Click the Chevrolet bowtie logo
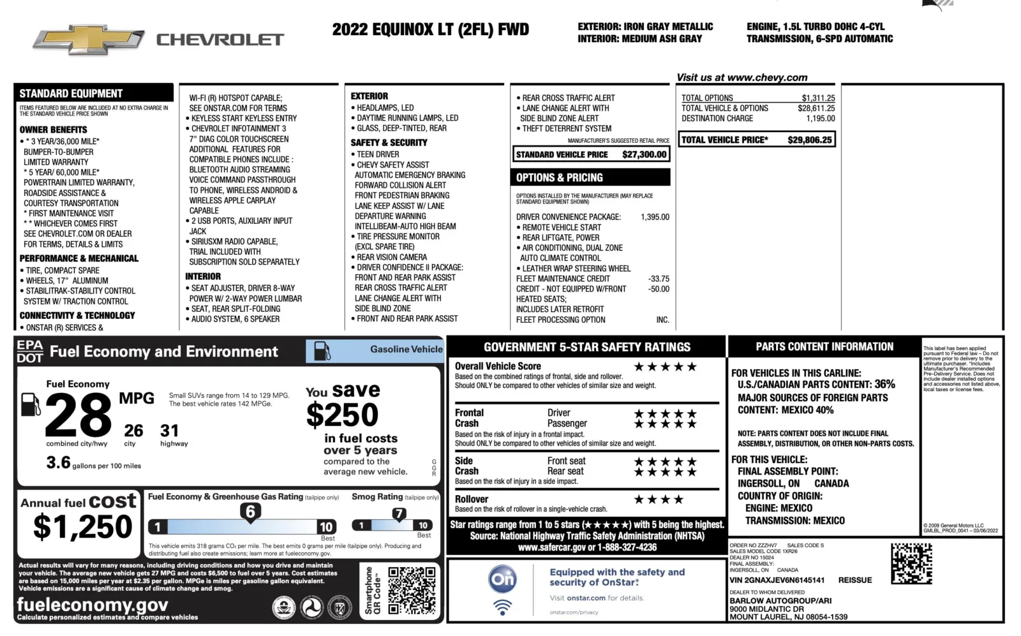point(89,40)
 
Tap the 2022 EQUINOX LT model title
point(430,29)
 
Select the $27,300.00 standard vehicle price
point(644,154)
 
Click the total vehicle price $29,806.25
point(809,140)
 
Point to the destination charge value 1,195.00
point(820,119)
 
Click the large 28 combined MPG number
point(78,415)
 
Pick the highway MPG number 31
point(170,431)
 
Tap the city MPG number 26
point(133,431)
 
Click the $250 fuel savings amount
point(343,415)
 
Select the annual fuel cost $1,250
point(82,527)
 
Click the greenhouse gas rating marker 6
point(250,512)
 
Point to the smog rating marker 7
point(399,514)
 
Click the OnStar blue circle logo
point(502,579)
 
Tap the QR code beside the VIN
point(911,563)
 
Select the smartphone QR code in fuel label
point(412,591)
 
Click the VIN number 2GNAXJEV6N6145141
point(777,581)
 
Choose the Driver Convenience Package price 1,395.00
point(655,217)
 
